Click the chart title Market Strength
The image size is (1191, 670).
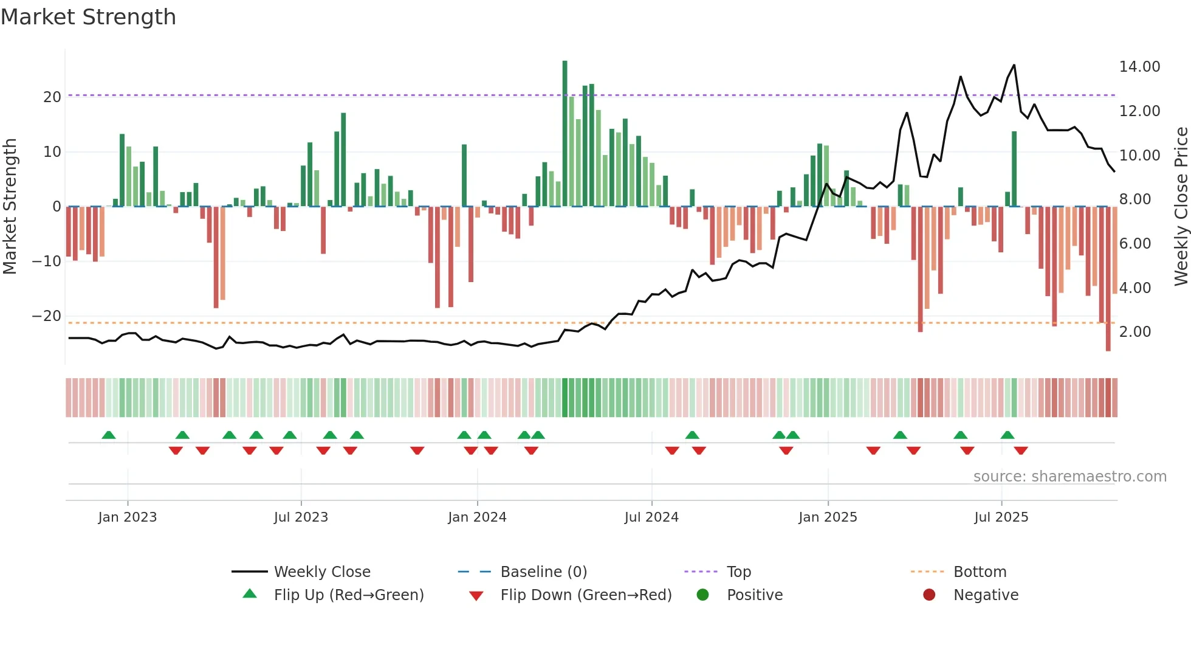pyautogui.click(x=88, y=17)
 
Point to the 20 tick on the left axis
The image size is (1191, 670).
pyautogui.click(x=52, y=97)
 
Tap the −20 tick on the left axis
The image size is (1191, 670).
pyautogui.click(x=47, y=316)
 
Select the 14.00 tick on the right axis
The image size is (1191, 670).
pyautogui.click(x=1139, y=67)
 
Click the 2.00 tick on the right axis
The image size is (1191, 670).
pyautogui.click(x=1134, y=332)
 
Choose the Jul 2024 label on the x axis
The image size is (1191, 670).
pyautogui.click(x=651, y=517)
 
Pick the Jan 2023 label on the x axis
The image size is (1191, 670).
pyautogui.click(x=128, y=517)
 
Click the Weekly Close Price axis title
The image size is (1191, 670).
pyautogui.click(x=1181, y=207)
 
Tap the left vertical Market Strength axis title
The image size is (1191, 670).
pyautogui.click(x=10, y=207)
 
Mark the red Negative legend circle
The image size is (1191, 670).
pyautogui.click(x=929, y=595)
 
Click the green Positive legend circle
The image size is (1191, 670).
pyautogui.click(x=702, y=595)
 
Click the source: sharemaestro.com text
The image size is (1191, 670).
pyautogui.click(x=1069, y=477)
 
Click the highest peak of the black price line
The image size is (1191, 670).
pyautogui.click(x=1014, y=65)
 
